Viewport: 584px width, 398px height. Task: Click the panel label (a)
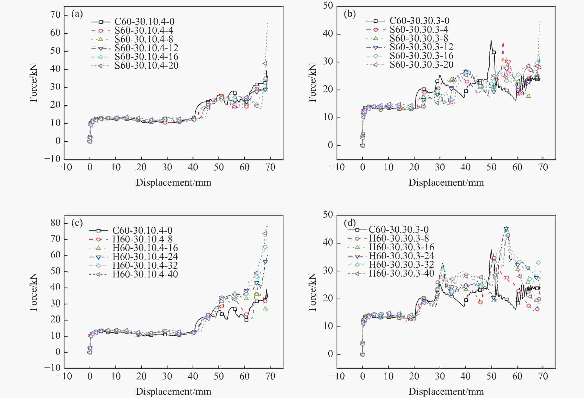(x=77, y=14)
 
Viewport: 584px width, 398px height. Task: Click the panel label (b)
(x=349, y=14)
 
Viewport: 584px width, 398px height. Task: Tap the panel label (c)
(x=77, y=223)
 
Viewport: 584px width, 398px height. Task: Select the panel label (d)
(x=349, y=223)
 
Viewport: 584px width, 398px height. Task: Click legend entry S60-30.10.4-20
(x=146, y=65)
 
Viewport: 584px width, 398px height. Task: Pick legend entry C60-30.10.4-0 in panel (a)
(x=144, y=22)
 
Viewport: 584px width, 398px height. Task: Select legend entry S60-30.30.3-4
(x=419, y=29)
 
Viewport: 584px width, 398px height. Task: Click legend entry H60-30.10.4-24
(x=145, y=256)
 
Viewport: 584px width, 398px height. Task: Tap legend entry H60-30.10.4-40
(x=145, y=274)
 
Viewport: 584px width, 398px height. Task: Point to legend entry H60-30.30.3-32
(x=401, y=264)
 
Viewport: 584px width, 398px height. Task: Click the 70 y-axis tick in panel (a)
(x=55, y=15)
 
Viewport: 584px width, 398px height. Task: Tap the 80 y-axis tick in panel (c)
(x=55, y=223)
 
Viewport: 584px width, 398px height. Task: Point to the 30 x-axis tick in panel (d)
(x=440, y=376)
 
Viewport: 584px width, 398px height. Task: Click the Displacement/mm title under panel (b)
(x=446, y=182)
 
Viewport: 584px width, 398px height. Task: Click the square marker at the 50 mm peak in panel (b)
(x=494, y=52)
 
